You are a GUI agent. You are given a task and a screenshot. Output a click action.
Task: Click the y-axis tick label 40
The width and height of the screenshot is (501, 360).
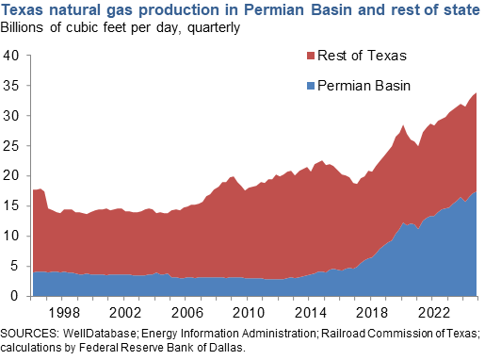coord(11,56)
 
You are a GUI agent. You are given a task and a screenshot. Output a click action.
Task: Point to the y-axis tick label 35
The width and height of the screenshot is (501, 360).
coord(11,86)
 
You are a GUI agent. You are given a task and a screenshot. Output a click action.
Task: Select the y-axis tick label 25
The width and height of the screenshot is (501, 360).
coord(11,146)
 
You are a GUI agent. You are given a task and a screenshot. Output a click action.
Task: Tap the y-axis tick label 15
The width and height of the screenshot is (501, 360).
coord(11,206)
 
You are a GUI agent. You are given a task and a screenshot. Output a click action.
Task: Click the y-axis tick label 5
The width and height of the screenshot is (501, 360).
coord(15,267)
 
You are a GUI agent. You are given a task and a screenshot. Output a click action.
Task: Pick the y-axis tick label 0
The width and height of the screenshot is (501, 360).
coord(15,297)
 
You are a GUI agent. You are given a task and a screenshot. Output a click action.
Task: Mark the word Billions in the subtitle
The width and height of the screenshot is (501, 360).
coord(26,27)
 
